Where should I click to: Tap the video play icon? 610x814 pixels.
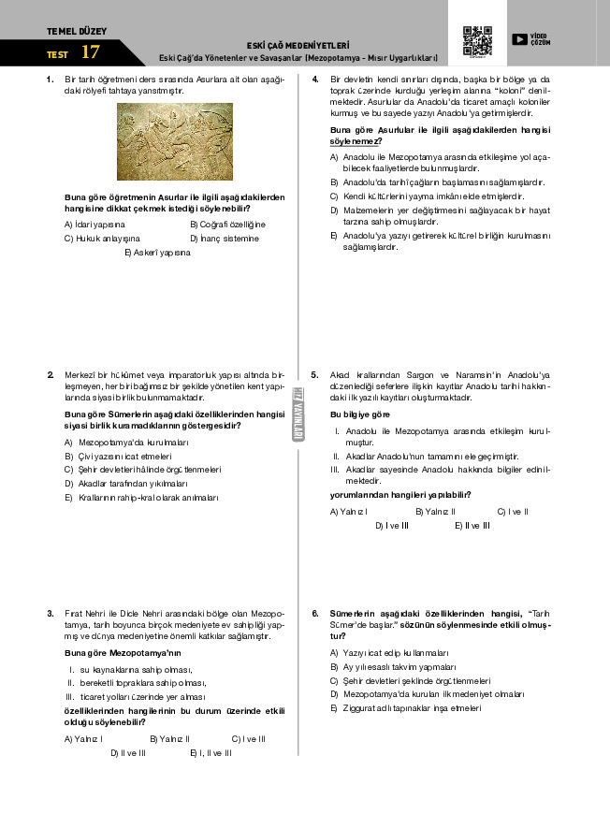[519, 39]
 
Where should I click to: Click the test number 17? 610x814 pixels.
[90, 53]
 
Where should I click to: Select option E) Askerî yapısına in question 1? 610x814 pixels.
[156, 253]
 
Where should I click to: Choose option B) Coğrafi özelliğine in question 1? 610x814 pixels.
[227, 225]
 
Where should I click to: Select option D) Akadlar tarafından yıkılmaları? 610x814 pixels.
[126, 484]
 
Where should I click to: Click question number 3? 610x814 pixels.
[51, 614]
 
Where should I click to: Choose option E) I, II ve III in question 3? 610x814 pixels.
[211, 752]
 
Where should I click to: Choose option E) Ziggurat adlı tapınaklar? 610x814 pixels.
[405, 709]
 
